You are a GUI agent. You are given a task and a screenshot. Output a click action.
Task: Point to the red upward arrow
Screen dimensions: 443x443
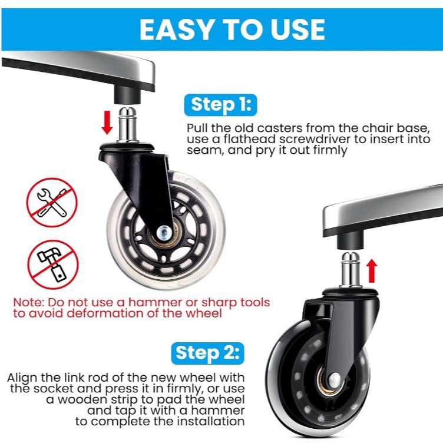tap(371, 270)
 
